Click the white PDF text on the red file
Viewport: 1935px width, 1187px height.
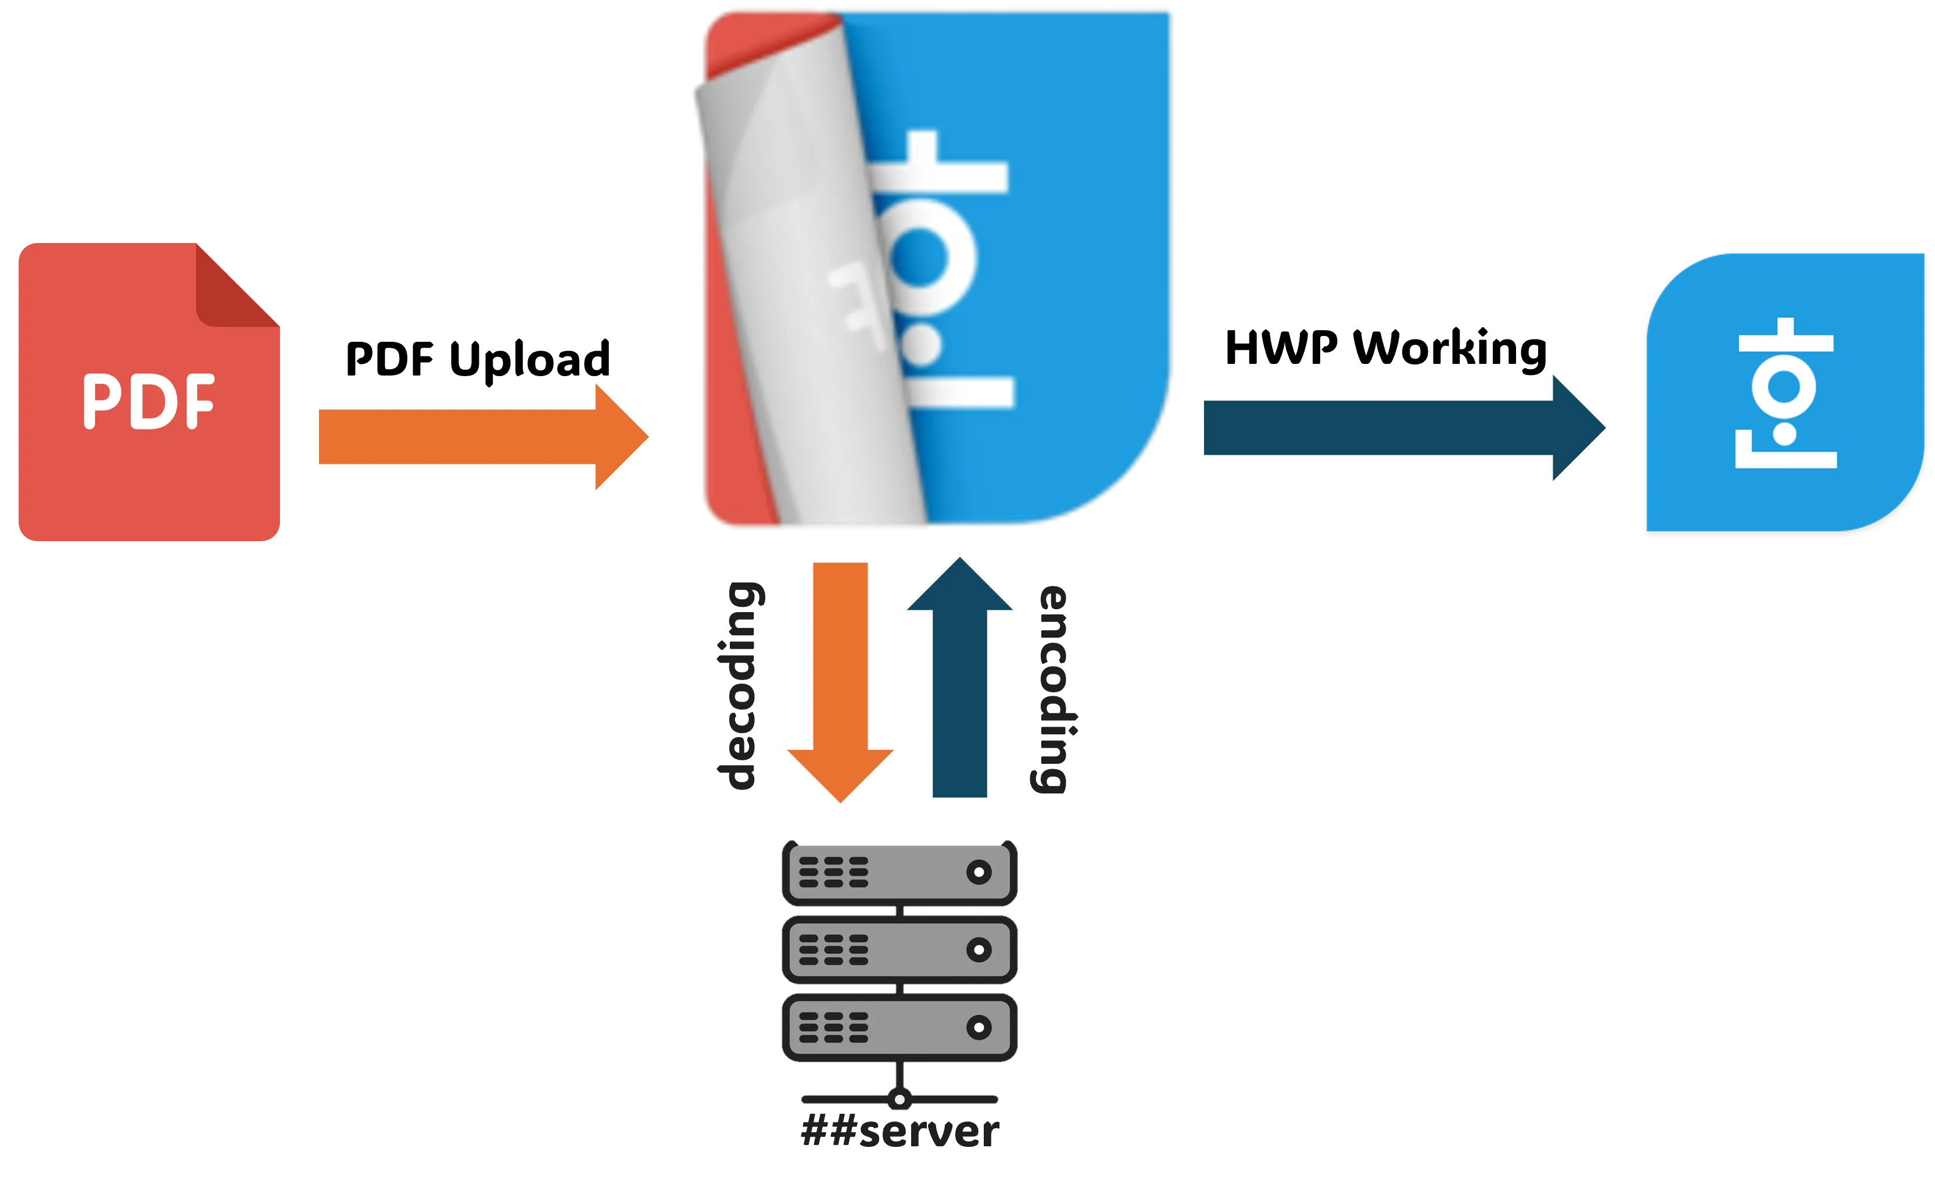148,402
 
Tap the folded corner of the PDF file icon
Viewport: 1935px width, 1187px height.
235,291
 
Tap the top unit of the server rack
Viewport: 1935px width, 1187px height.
899,872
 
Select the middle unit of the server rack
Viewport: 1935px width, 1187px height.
899,950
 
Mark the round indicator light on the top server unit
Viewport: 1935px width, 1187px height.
979,872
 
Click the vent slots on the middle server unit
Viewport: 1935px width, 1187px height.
833,950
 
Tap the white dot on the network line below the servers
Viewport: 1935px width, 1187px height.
900,1099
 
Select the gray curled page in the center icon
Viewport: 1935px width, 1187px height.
809,299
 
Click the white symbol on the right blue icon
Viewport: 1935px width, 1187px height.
1785,393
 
